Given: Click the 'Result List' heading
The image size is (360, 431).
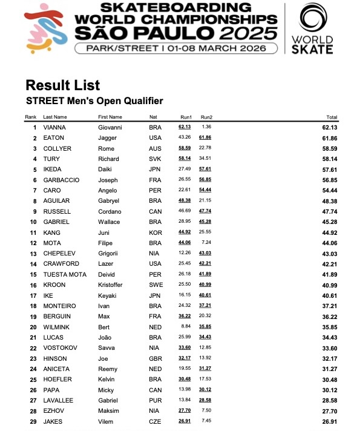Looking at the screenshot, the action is (63, 85).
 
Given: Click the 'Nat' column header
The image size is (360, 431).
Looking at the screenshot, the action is (153, 117).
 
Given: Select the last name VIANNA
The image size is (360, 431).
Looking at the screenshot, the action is (54, 128).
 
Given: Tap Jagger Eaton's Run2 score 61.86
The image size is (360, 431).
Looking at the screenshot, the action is (206, 138).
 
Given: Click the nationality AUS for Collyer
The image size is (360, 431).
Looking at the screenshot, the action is (155, 149).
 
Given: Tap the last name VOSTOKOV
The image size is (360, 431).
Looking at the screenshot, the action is (59, 348).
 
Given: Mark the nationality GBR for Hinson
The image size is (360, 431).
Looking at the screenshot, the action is (155, 358).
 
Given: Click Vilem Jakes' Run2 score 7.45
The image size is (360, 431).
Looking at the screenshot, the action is (206, 421).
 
